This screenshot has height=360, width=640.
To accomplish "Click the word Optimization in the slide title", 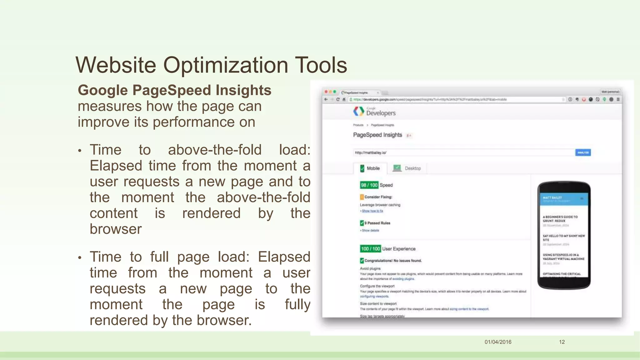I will pyautogui.click(x=225, y=65).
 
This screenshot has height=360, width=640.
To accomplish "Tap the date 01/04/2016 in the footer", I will pyautogui.click(x=498, y=342).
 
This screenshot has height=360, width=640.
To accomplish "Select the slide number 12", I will pyautogui.click(x=562, y=342).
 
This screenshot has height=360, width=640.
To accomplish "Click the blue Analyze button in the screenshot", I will pyautogui.click(x=583, y=152).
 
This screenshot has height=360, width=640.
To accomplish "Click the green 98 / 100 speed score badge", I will pyautogui.click(x=369, y=185).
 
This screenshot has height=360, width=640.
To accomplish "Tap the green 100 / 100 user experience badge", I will pyautogui.click(x=370, y=249).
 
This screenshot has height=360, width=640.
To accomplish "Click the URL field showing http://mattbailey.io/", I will pyautogui.click(x=462, y=152).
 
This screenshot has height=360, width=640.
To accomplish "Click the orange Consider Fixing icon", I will pyautogui.click(x=362, y=197).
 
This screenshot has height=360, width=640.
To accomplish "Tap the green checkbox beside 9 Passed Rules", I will pyautogui.click(x=362, y=223).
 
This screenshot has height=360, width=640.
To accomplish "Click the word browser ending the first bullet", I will pyautogui.click(x=116, y=229).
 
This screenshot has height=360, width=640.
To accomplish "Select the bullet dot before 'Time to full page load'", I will pyautogui.click(x=80, y=257).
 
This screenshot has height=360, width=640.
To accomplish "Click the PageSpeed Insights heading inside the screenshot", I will pyautogui.click(x=377, y=135).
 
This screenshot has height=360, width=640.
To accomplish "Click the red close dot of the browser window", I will pyautogui.click(x=326, y=92).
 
